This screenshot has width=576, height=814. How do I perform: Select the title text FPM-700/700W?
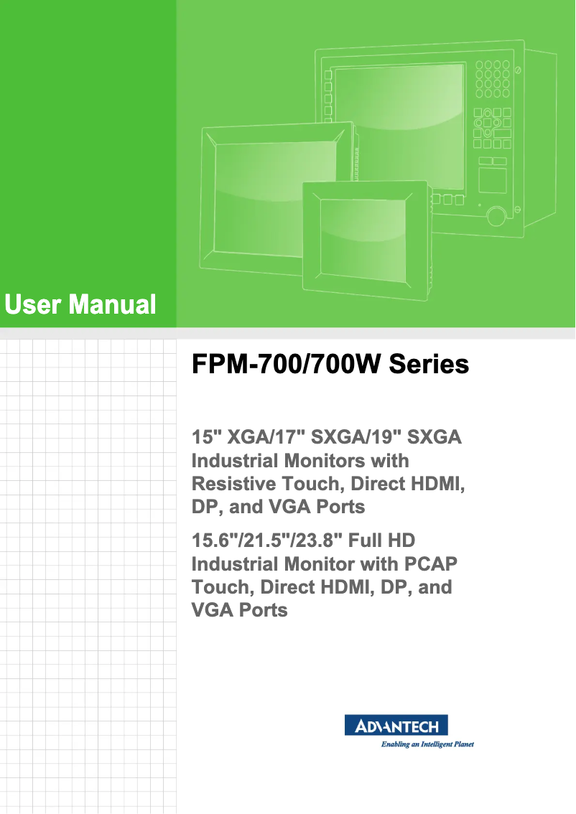tap(286, 365)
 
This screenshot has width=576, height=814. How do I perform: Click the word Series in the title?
tap(429, 365)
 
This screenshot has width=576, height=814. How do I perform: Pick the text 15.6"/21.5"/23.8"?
tap(274, 540)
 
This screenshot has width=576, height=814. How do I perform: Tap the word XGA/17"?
tap(267, 437)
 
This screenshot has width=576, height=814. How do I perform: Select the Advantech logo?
tap(396, 725)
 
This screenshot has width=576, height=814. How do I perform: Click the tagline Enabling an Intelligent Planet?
tap(427, 744)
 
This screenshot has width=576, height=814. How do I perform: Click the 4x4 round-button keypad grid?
tap(492, 79)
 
